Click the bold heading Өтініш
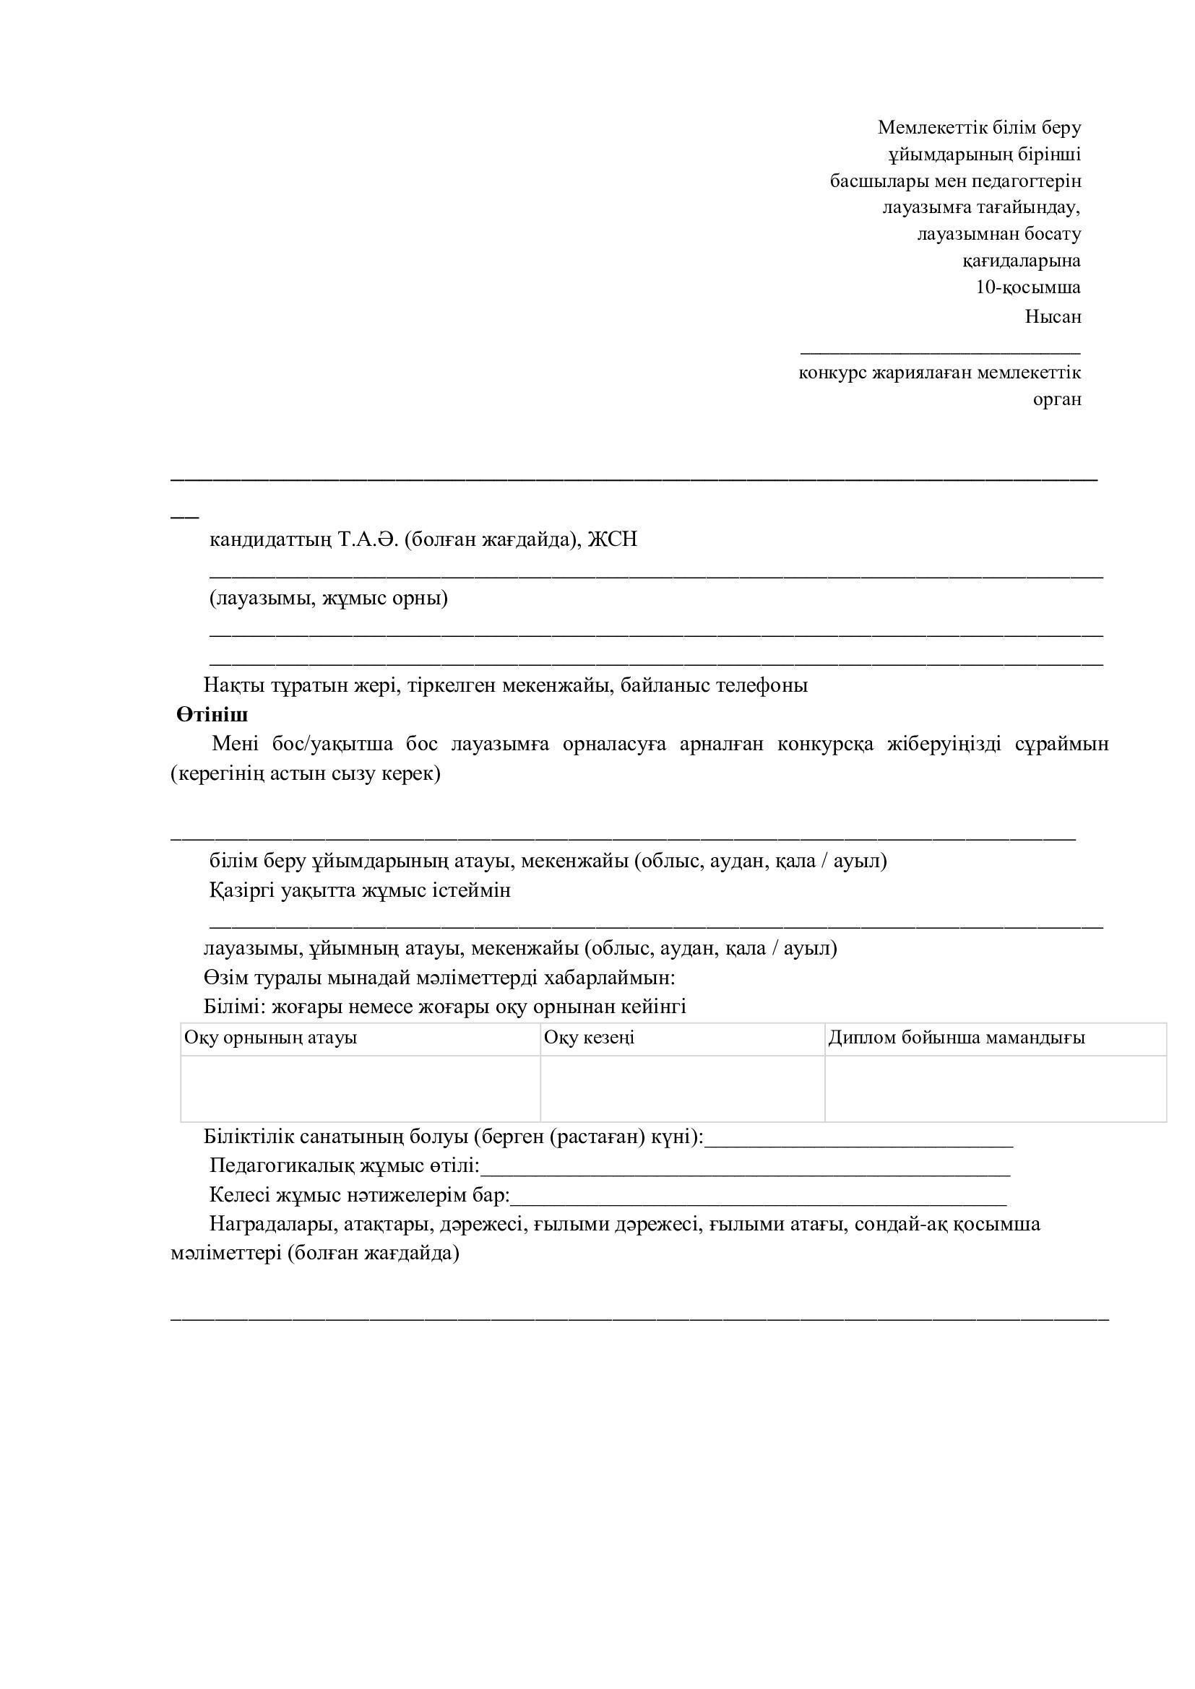212,715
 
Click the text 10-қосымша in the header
1028,287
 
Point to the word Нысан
1053,317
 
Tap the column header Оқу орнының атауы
271,1038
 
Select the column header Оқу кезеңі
589,1038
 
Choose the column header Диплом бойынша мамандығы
957,1038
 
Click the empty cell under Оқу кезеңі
682,1089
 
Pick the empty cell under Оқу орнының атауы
361,1089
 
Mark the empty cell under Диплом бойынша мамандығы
995,1089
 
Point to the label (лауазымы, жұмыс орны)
329,598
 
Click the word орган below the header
1057,399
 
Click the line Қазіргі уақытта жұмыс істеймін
360,891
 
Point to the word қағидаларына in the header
1022,261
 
